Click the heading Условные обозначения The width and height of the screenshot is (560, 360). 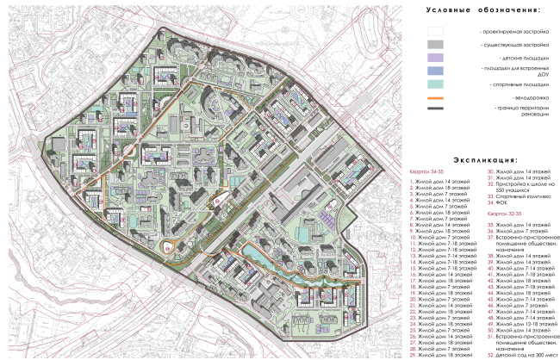click(482, 9)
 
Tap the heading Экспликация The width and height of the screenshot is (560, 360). click(482, 160)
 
